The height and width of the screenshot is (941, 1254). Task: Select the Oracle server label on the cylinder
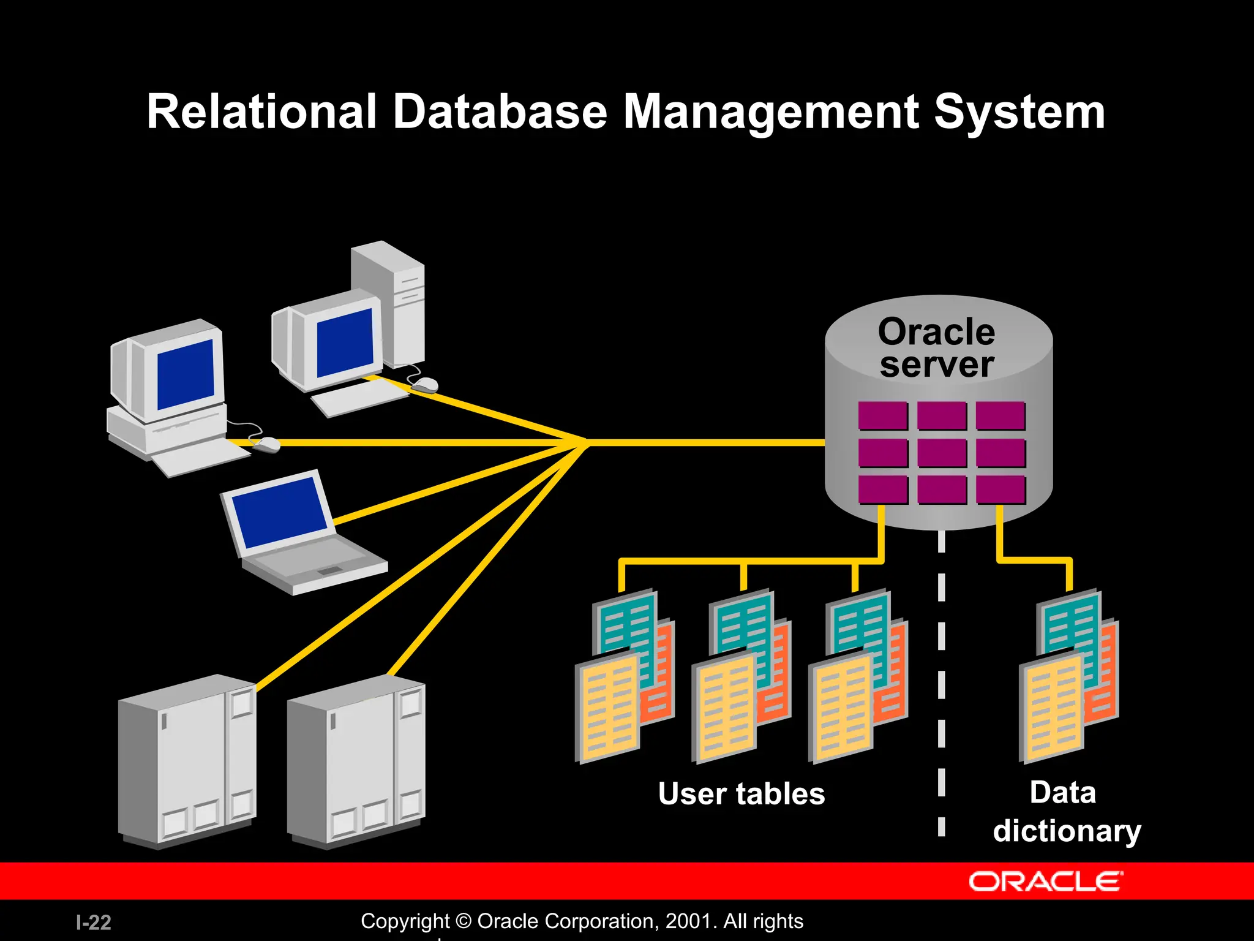pos(936,348)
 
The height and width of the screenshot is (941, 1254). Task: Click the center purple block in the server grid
pos(942,453)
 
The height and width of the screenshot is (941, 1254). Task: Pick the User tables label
pos(742,794)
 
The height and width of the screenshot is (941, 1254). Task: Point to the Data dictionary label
pos(1066,812)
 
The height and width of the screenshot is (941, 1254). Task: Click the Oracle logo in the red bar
pos(1045,882)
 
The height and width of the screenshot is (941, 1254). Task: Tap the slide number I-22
pos(93,922)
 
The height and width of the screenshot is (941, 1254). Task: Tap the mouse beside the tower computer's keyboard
pos(424,385)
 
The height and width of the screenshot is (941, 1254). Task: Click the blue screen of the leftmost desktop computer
pos(186,374)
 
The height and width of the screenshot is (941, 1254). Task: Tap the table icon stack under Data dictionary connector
pos(1068,677)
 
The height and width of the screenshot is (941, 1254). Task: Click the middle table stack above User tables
pos(741,677)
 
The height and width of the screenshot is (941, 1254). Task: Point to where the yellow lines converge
pos(585,442)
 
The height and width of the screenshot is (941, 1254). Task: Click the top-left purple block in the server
pos(882,416)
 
